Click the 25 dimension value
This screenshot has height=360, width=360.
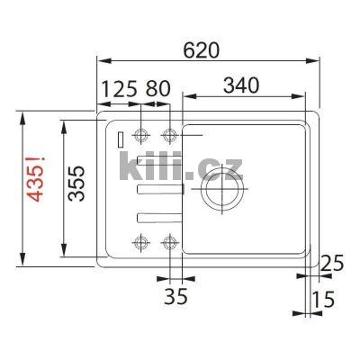(332, 264)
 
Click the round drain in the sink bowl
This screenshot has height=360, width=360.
(219, 192)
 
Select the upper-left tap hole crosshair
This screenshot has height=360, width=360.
(140, 135)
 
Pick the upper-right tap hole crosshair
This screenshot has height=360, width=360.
(169, 135)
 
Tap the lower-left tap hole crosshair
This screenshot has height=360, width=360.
(140, 241)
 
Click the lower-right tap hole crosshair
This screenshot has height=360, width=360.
(169, 241)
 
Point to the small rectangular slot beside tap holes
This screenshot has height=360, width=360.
(119, 137)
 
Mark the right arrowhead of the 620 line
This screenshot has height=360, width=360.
(316, 62)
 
